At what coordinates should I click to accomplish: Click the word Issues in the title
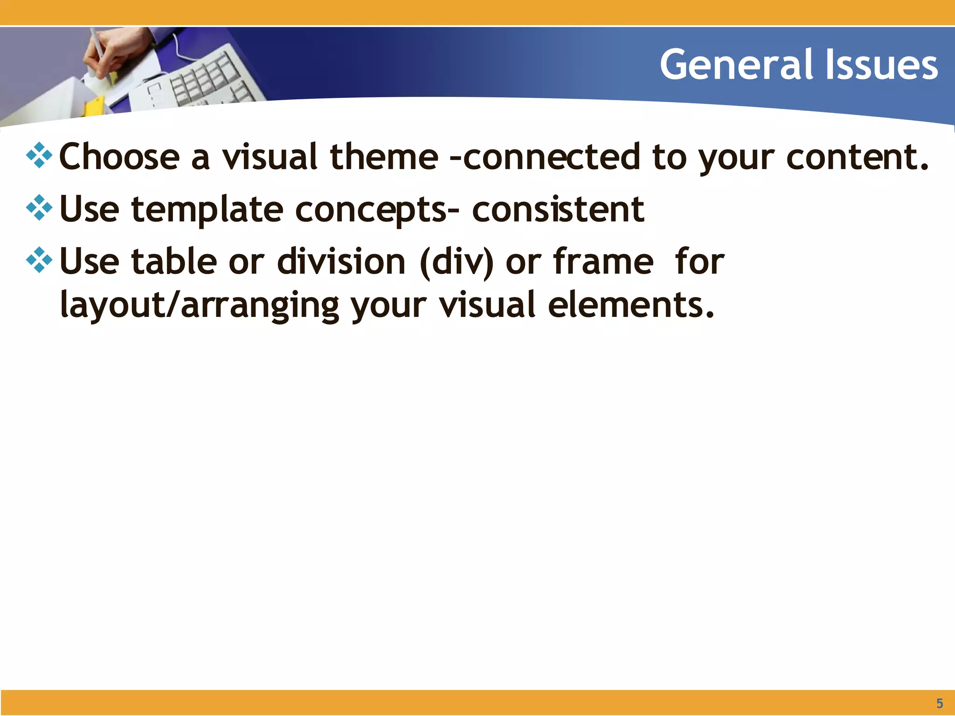[x=881, y=65]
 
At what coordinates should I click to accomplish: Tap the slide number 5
[x=940, y=703]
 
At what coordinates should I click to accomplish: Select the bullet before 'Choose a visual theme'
[x=39, y=156]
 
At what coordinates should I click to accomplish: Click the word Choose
[x=119, y=157]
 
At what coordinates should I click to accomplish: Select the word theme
[x=384, y=157]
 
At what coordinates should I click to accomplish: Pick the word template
[x=207, y=210]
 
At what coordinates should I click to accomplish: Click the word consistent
[x=558, y=209]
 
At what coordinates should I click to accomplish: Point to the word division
[x=341, y=262]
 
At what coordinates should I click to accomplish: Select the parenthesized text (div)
[x=457, y=262]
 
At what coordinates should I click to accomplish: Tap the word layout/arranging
[x=200, y=306]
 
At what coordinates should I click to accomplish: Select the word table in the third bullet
[x=174, y=262]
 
